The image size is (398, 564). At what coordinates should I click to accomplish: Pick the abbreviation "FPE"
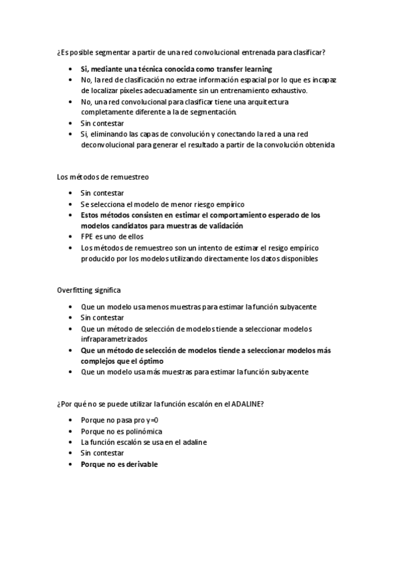click(x=87, y=237)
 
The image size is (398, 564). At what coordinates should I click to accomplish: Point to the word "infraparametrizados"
click(x=112, y=339)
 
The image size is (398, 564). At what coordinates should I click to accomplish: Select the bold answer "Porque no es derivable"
click(x=119, y=464)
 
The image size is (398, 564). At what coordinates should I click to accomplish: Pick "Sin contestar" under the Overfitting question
click(x=102, y=318)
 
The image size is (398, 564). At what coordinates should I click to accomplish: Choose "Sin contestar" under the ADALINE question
click(x=102, y=453)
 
